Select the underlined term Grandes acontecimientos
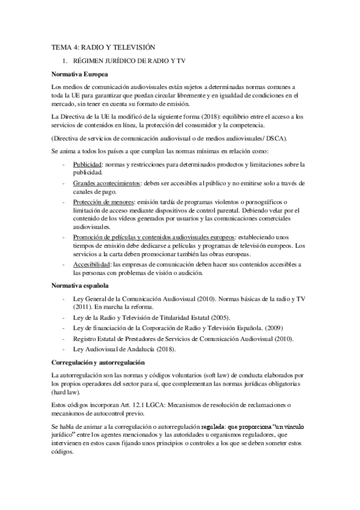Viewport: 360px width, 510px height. pos(106,182)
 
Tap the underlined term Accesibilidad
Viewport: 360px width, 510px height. pos(91,265)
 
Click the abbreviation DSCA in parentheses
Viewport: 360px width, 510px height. pos(294,138)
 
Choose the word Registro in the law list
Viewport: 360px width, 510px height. pos(85,339)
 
